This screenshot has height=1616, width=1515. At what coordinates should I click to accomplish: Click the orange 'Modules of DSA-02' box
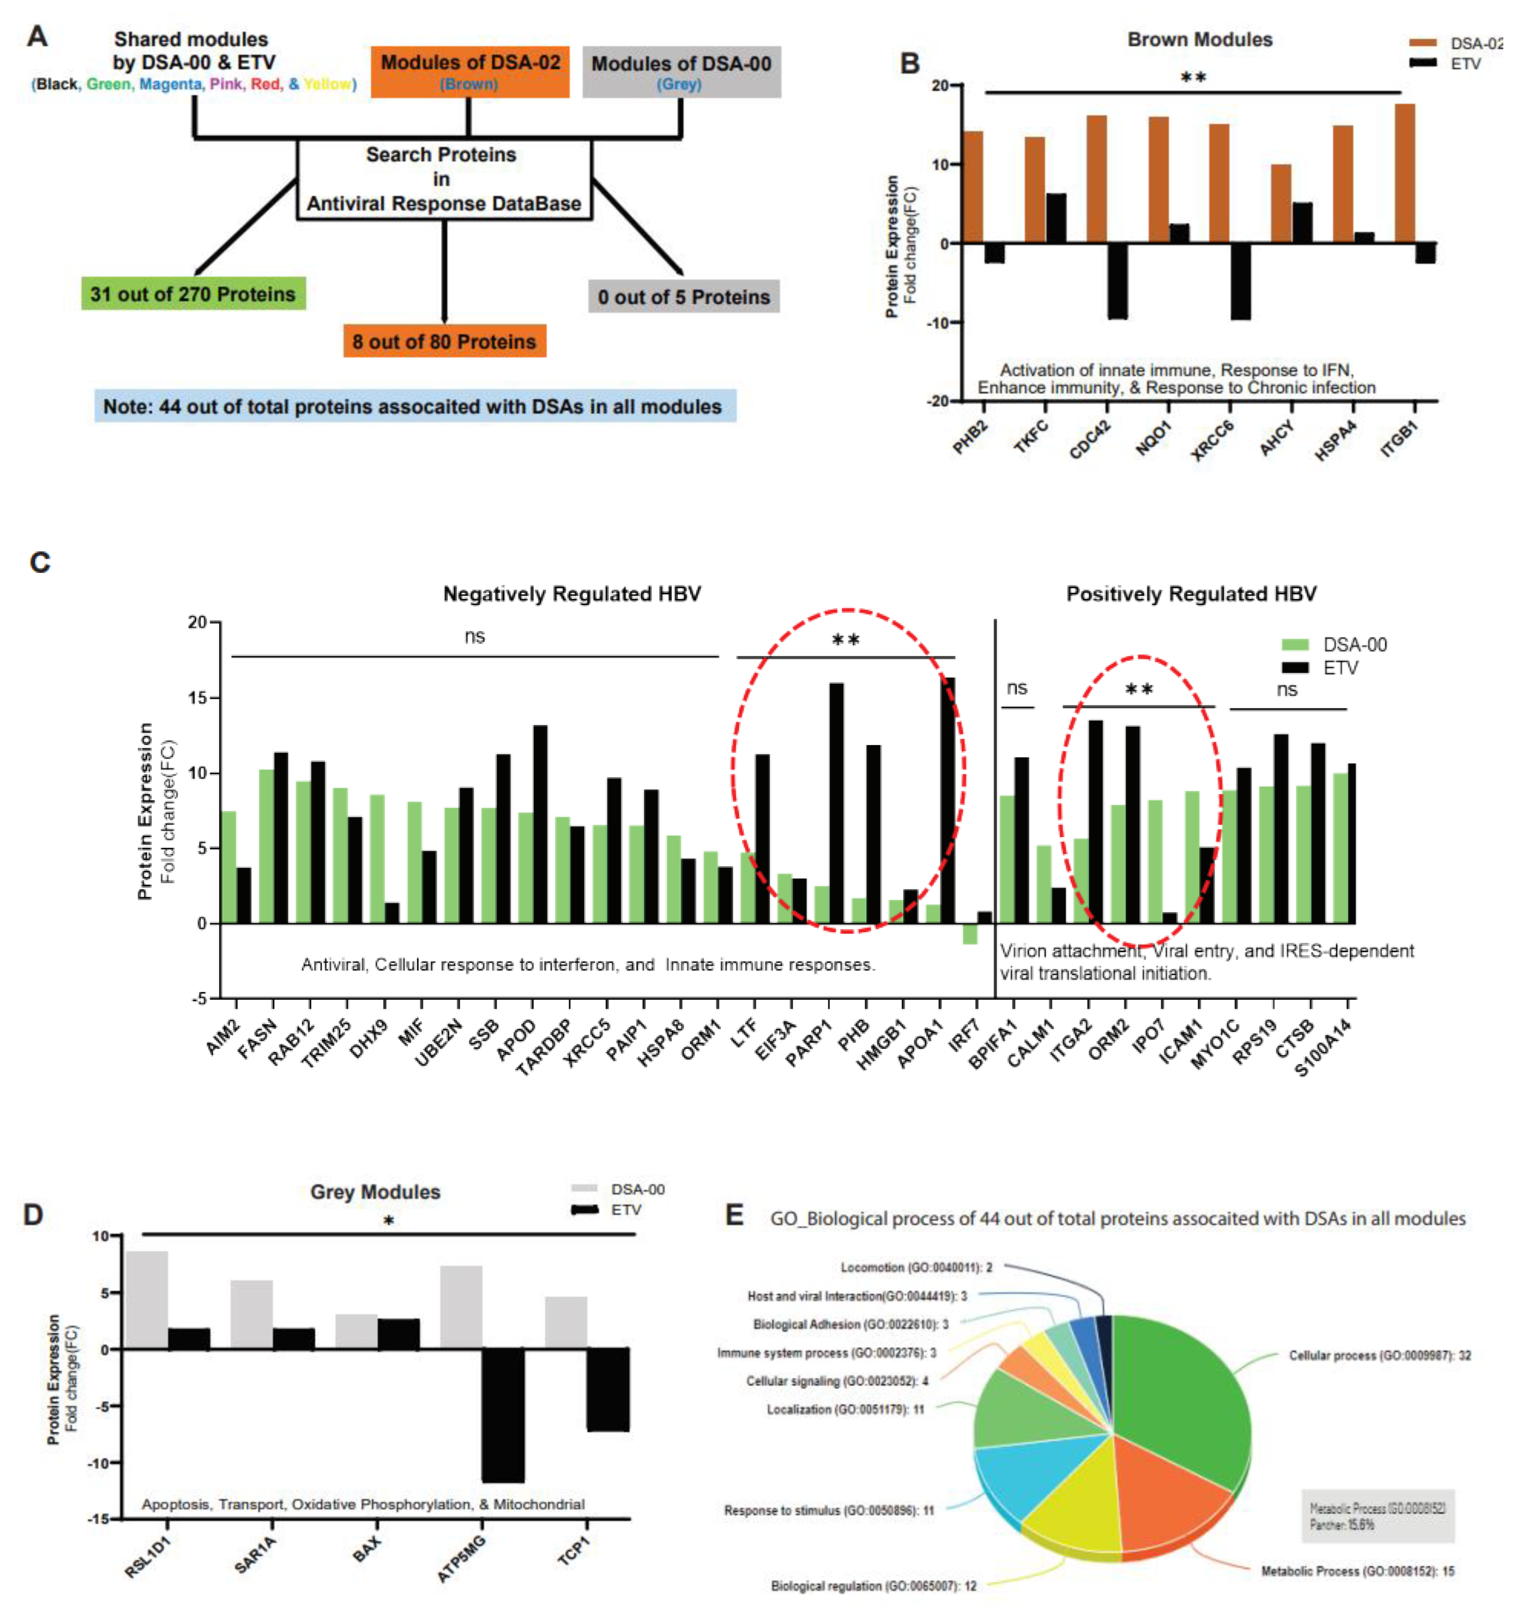click(470, 72)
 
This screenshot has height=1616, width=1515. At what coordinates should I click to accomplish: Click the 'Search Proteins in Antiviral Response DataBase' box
click(444, 179)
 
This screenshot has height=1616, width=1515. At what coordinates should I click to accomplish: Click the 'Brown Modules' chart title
click(1200, 40)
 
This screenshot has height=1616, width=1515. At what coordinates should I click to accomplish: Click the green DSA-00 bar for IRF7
click(970, 933)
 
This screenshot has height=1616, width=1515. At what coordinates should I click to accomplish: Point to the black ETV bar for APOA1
click(948, 801)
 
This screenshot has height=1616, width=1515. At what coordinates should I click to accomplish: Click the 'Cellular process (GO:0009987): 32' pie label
click(1379, 1355)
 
